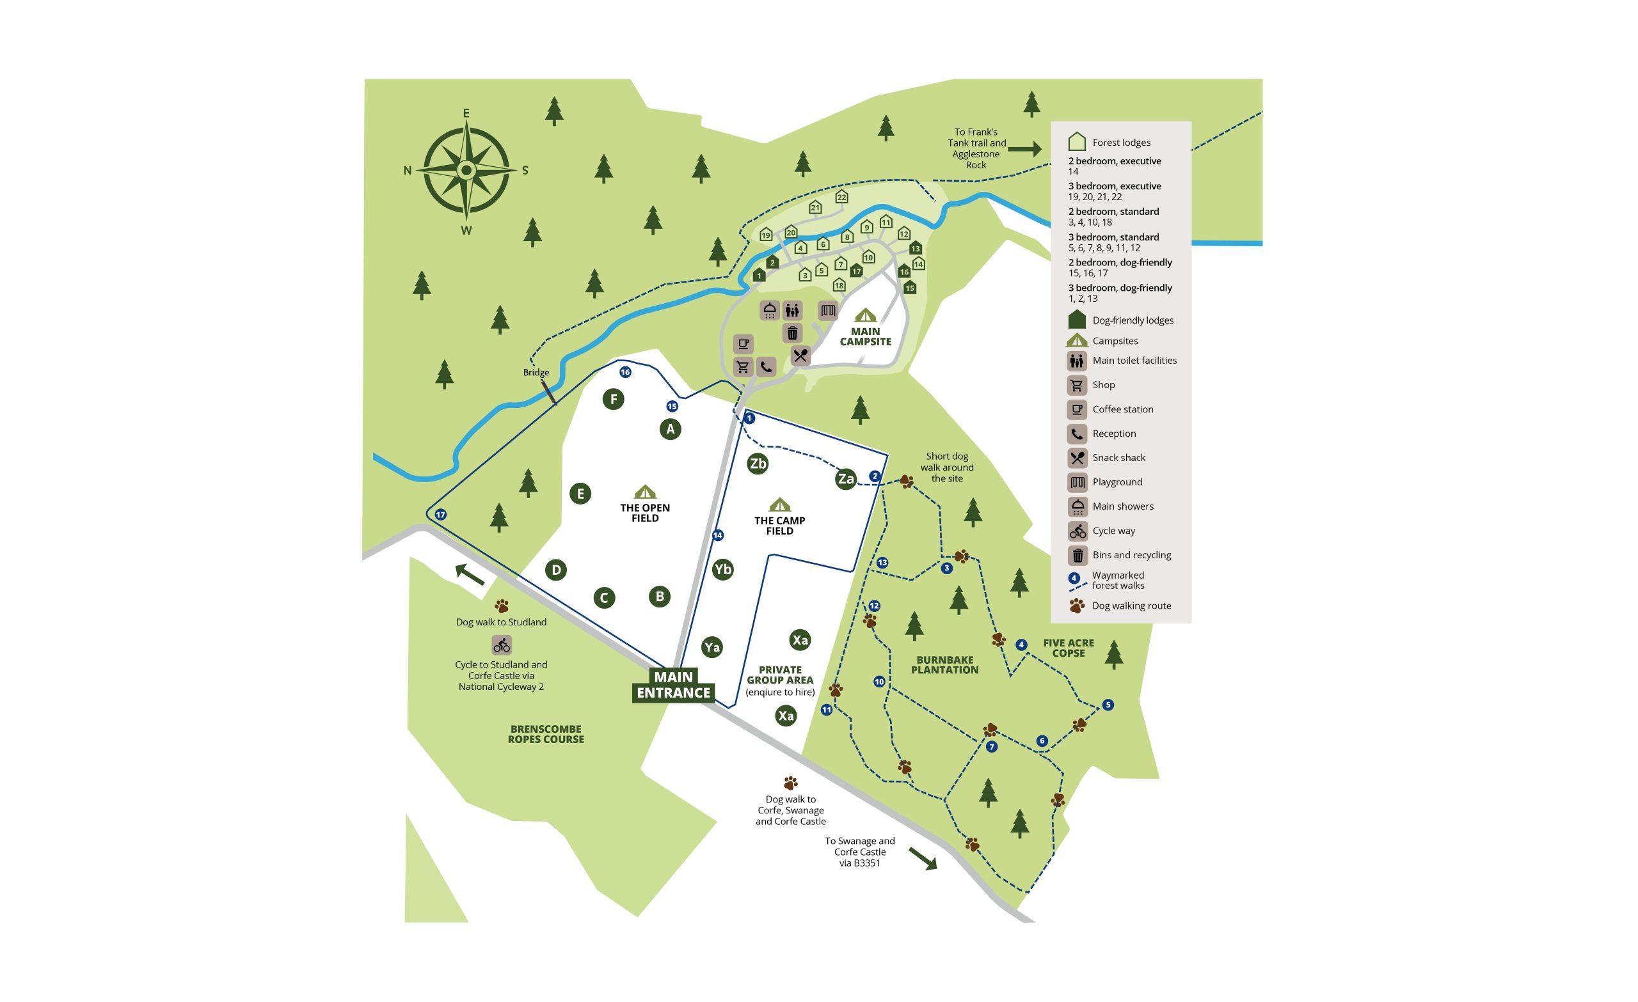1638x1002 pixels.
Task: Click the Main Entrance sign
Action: tap(672, 684)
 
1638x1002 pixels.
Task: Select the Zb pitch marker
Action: tap(757, 463)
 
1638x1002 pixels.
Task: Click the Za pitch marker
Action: tap(845, 478)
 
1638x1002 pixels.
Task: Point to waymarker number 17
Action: tap(440, 515)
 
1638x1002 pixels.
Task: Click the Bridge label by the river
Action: tap(536, 372)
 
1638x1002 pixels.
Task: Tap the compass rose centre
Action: tap(466, 170)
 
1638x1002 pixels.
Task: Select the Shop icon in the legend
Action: tap(1077, 385)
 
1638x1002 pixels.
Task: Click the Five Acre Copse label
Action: tap(1068, 648)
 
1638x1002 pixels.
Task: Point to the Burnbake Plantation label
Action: tap(944, 664)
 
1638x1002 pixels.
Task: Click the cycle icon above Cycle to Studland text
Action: tap(501, 645)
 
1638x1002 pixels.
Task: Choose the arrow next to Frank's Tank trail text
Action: tap(1024, 149)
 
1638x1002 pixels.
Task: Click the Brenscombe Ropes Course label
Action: tap(546, 733)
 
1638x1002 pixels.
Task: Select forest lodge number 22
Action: tap(841, 197)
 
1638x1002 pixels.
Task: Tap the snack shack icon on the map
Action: tap(800, 356)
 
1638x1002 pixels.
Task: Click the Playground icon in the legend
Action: tap(1077, 481)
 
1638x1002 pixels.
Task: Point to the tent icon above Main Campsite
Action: tap(865, 315)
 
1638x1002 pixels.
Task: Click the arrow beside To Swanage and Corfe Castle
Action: tap(922, 858)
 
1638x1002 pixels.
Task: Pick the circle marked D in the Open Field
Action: tap(556, 570)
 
